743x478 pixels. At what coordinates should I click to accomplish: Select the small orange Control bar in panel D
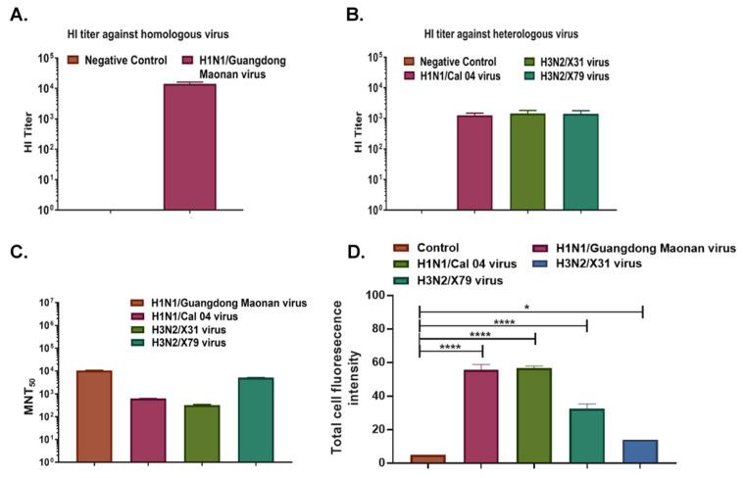pyautogui.click(x=428, y=458)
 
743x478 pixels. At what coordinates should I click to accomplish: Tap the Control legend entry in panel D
pyautogui.click(x=432, y=249)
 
